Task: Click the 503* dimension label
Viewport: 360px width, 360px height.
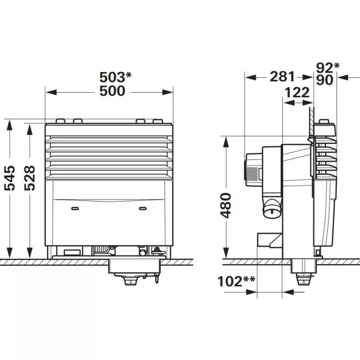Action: coord(115,77)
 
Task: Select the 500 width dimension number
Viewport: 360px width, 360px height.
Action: coord(112,91)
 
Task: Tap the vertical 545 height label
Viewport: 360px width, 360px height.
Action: coord(9,178)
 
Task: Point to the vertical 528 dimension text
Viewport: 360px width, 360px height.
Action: coord(30,178)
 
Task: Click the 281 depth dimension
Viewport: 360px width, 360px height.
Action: coord(282,76)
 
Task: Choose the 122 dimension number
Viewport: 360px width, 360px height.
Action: coord(297,92)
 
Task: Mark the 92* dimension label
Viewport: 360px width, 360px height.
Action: coord(328,67)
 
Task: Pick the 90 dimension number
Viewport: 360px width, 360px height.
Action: coord(324,80)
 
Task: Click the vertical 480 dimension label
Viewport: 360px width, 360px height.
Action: coord(226,206)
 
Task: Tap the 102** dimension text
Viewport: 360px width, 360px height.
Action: coord(236,281)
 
